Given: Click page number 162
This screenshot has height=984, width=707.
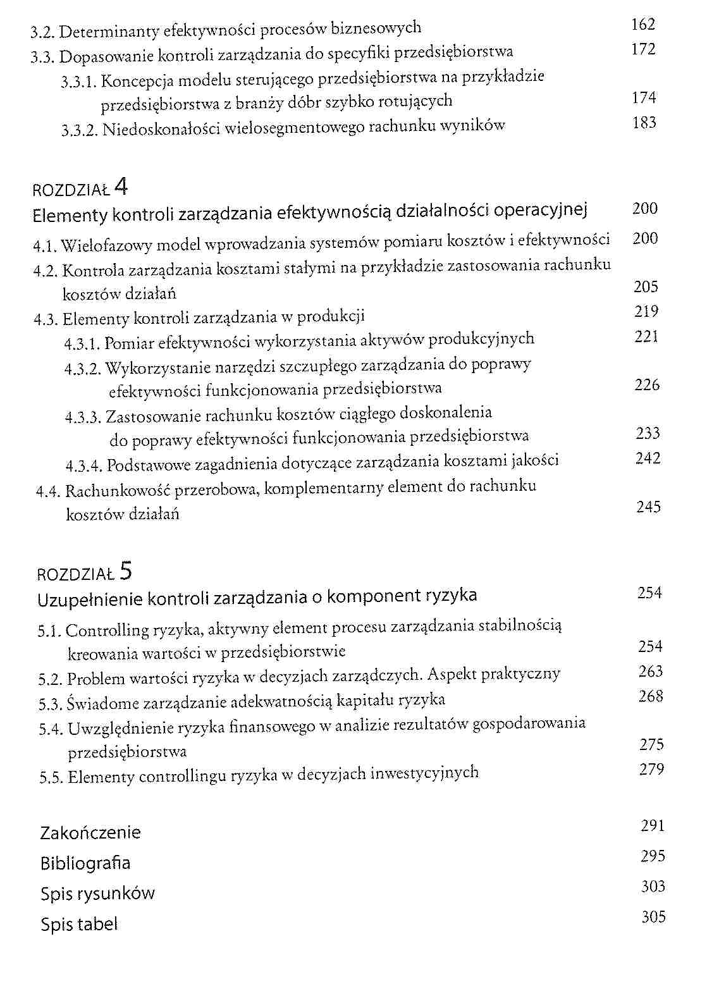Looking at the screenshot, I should click(642, 25).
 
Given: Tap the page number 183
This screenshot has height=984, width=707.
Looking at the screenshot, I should click(644, 123).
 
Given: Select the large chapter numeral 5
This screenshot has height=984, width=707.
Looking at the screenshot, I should click(125, 571).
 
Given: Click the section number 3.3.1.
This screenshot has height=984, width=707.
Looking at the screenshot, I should click(79, 82).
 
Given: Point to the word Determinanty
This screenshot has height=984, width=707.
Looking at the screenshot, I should click(110, 31).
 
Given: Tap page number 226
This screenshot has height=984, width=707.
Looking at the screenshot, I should click(647, 385).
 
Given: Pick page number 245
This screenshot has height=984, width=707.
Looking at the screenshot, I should click(648, 507).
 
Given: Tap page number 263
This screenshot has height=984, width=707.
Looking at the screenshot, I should click(651, 672).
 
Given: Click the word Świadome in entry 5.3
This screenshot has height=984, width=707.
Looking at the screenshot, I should click(101, 703).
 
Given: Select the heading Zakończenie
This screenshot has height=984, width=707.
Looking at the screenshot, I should click(90, 833).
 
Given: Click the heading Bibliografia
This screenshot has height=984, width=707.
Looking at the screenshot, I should click(85, 863).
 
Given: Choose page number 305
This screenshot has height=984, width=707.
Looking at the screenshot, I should click(653, 917).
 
